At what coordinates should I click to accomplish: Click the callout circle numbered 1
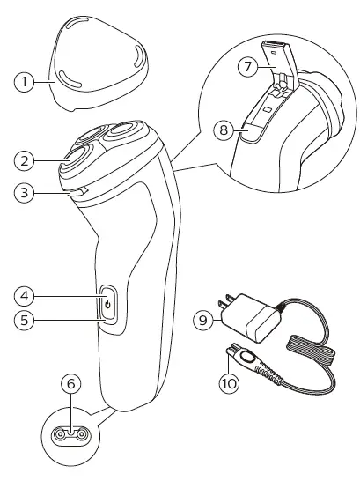pyautogui.click(x=27, y=82)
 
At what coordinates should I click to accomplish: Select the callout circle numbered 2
pyautogui.click(x=27, y=160)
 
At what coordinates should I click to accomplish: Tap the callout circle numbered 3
pyautogui.click(x=27, y=191)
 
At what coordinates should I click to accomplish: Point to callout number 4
pyautogui.click(x=27, y=294)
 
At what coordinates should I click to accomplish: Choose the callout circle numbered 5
pyautogui.click(x=27, y=322)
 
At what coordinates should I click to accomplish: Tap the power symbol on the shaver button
pyautogui.click(x=107, y=306)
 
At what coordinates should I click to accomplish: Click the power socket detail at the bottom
pyautogui.click(x=69, y=434)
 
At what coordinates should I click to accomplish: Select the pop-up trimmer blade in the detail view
pyautogui.click(x=279, y=67)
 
